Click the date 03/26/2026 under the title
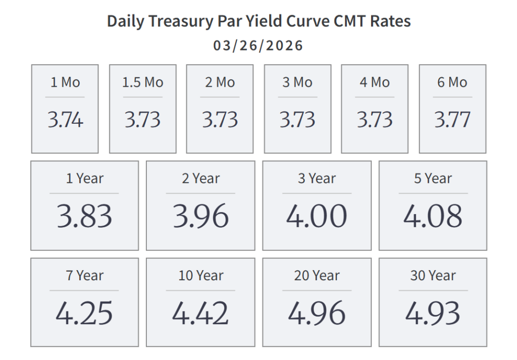(258, 46)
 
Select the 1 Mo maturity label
(65, 82)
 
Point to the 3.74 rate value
(65, 120)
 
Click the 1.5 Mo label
(143, 82)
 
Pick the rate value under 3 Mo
(297, 120)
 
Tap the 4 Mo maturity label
(375, 82)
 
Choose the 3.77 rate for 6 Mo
(452, 120)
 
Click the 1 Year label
(84, 178)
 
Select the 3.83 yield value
(84, 216)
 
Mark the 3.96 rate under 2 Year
(200, 216)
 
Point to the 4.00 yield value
(317, 216)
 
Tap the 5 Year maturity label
(433, 178)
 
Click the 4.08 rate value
(433, 216)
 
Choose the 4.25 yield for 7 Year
(84, 313)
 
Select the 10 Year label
(200, 276)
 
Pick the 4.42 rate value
(200, 313)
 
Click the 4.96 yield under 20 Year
(317, 313)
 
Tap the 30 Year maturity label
(433, 276)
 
